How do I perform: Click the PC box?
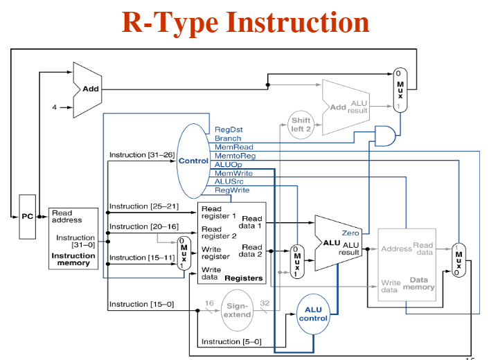click(27, 217)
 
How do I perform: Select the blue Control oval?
click(193, 161)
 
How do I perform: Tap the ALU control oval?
click(313, 314)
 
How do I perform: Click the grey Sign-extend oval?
click(237, 309)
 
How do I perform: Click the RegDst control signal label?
click(229, 129)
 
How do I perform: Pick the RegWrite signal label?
click(232, 190)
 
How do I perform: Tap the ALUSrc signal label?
click(229, 181)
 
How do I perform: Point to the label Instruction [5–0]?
click(231, 341)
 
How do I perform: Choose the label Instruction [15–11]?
click(137, 258)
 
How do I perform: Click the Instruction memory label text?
click(73, 259)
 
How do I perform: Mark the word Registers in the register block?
click(244, 278)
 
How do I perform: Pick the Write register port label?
click(215, 252)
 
